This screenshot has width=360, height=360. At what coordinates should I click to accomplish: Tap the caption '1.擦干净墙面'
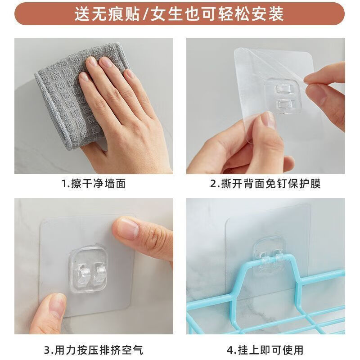(x=93, y=184)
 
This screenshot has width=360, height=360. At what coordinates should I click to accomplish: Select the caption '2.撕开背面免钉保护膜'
(x=265, y=184)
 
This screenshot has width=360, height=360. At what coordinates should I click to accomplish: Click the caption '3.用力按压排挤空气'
(x=93, y=349)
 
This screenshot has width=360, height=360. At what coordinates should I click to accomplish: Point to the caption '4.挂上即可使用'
(x=265, y=349)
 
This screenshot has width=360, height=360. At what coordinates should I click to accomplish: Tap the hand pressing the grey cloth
(x=121, y=112)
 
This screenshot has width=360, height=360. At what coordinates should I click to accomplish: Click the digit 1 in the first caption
(x=63, y=184)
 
